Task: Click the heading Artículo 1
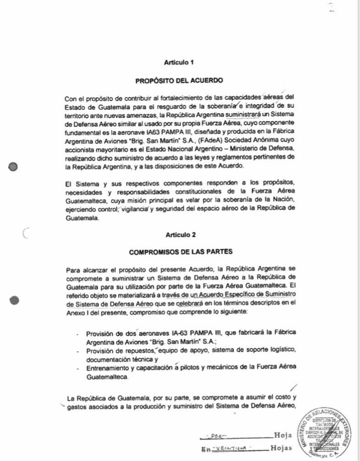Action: tap(180, 62)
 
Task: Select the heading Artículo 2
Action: tap(180, 236)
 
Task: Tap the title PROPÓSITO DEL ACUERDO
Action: tap(180, 81)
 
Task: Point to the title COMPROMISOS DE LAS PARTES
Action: tap(180, 252)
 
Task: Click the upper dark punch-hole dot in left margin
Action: tap(15, 167)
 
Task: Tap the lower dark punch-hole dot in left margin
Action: tap(15, 300)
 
